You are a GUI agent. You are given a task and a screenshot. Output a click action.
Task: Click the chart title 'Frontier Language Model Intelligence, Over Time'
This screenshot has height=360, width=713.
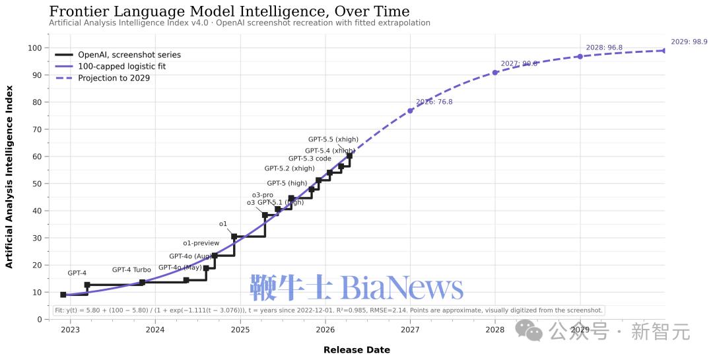pos(229,11)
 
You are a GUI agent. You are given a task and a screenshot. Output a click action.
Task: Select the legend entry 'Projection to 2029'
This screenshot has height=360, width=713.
pos(114,78)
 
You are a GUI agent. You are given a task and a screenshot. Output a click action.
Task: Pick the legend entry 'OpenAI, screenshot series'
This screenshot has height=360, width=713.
pos(129,55)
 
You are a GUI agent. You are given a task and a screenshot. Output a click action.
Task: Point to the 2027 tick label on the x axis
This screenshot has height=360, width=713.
pos(410,330)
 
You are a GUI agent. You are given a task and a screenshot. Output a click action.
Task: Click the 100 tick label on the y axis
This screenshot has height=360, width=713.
pos(35,48)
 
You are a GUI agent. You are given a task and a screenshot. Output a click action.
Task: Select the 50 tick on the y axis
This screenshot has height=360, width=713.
pos(37,184)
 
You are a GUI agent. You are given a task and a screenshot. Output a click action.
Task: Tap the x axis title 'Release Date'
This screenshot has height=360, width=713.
pos(356,349)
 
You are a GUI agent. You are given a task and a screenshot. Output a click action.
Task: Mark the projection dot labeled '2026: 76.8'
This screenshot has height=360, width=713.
pos(410,110)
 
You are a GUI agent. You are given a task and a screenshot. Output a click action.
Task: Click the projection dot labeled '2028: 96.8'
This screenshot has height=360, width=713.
pos(580,56)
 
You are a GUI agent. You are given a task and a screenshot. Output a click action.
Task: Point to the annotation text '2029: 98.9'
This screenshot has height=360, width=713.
pos(689,42)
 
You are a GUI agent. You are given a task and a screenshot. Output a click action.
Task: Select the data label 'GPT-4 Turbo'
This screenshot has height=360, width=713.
pos(131,270)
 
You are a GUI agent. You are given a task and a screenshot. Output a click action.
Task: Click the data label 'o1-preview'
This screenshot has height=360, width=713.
pos(201,244)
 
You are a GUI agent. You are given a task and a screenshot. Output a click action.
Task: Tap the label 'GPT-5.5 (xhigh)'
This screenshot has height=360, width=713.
pos(333,139)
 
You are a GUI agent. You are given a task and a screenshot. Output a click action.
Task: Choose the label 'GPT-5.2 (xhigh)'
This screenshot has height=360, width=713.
pos(290,168)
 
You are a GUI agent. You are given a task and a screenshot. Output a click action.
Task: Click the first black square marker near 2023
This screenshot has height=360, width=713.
pos(63,295)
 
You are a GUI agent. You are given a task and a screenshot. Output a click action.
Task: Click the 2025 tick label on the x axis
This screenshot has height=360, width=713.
pos(240,330)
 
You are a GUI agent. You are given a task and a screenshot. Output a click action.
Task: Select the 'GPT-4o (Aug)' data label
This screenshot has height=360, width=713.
pos(191,256)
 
